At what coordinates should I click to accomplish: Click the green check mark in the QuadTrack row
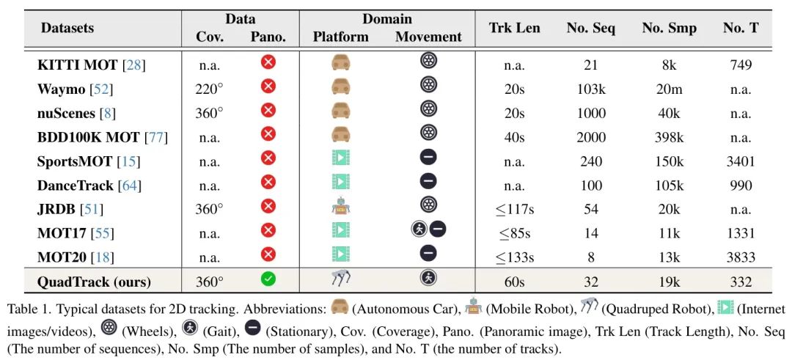click(268, 279)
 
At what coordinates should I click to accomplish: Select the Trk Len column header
click(514, 29)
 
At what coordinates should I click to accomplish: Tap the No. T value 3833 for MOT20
click(740, 257)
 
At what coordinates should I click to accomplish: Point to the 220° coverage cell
click(209, 89)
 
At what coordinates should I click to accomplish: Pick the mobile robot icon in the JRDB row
click(340, 207)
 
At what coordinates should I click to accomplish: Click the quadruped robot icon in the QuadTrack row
click(340, 278)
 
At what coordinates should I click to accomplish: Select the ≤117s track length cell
click(514, 209)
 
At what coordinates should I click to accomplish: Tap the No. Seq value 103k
click(590, 89)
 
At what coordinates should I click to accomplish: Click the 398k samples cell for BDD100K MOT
click(669, 137)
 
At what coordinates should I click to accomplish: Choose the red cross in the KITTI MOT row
click(268, 62)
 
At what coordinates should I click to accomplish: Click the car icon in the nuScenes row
click(340, 110)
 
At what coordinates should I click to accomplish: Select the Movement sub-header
click(428, 37)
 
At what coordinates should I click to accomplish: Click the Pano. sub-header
click(268, 37)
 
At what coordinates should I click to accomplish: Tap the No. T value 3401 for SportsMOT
click(740, 161)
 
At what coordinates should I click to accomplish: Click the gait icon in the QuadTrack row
click(428, 279)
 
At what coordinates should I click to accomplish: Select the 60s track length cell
click(514, 282)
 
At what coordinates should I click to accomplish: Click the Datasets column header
click(67, 29)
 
